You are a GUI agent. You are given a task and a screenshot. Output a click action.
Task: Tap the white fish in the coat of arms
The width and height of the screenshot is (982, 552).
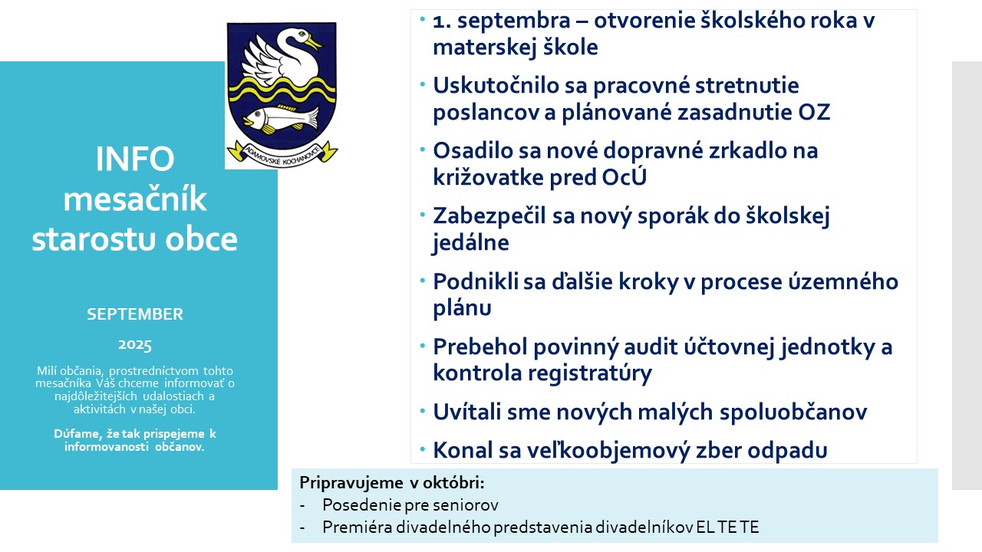[281, 119]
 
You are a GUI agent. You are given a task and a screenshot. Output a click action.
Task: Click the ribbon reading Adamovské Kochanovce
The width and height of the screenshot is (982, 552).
[282, 154]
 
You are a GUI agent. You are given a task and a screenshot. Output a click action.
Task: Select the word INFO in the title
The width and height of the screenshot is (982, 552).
[135, 159]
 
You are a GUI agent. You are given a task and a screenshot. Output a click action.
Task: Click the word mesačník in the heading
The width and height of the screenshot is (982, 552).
[135, 199]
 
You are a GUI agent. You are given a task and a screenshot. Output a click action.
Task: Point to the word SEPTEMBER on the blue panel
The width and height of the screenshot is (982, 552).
[135, 314]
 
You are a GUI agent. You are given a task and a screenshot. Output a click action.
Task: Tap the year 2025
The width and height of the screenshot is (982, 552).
[135, 345]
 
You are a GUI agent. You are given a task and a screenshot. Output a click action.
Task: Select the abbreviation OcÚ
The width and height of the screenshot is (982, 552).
[624, 177]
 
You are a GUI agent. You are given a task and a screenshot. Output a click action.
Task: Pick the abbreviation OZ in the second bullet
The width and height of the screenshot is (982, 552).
[814, 112]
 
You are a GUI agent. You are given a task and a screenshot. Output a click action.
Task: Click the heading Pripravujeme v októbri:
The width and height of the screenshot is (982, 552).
[392, 483]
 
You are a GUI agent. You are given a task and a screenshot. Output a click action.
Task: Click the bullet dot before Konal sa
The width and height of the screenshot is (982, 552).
[423, 449]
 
